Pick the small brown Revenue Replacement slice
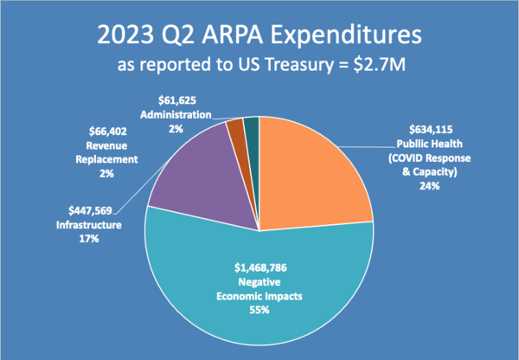[235, 131]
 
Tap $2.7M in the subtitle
[381, 65]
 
